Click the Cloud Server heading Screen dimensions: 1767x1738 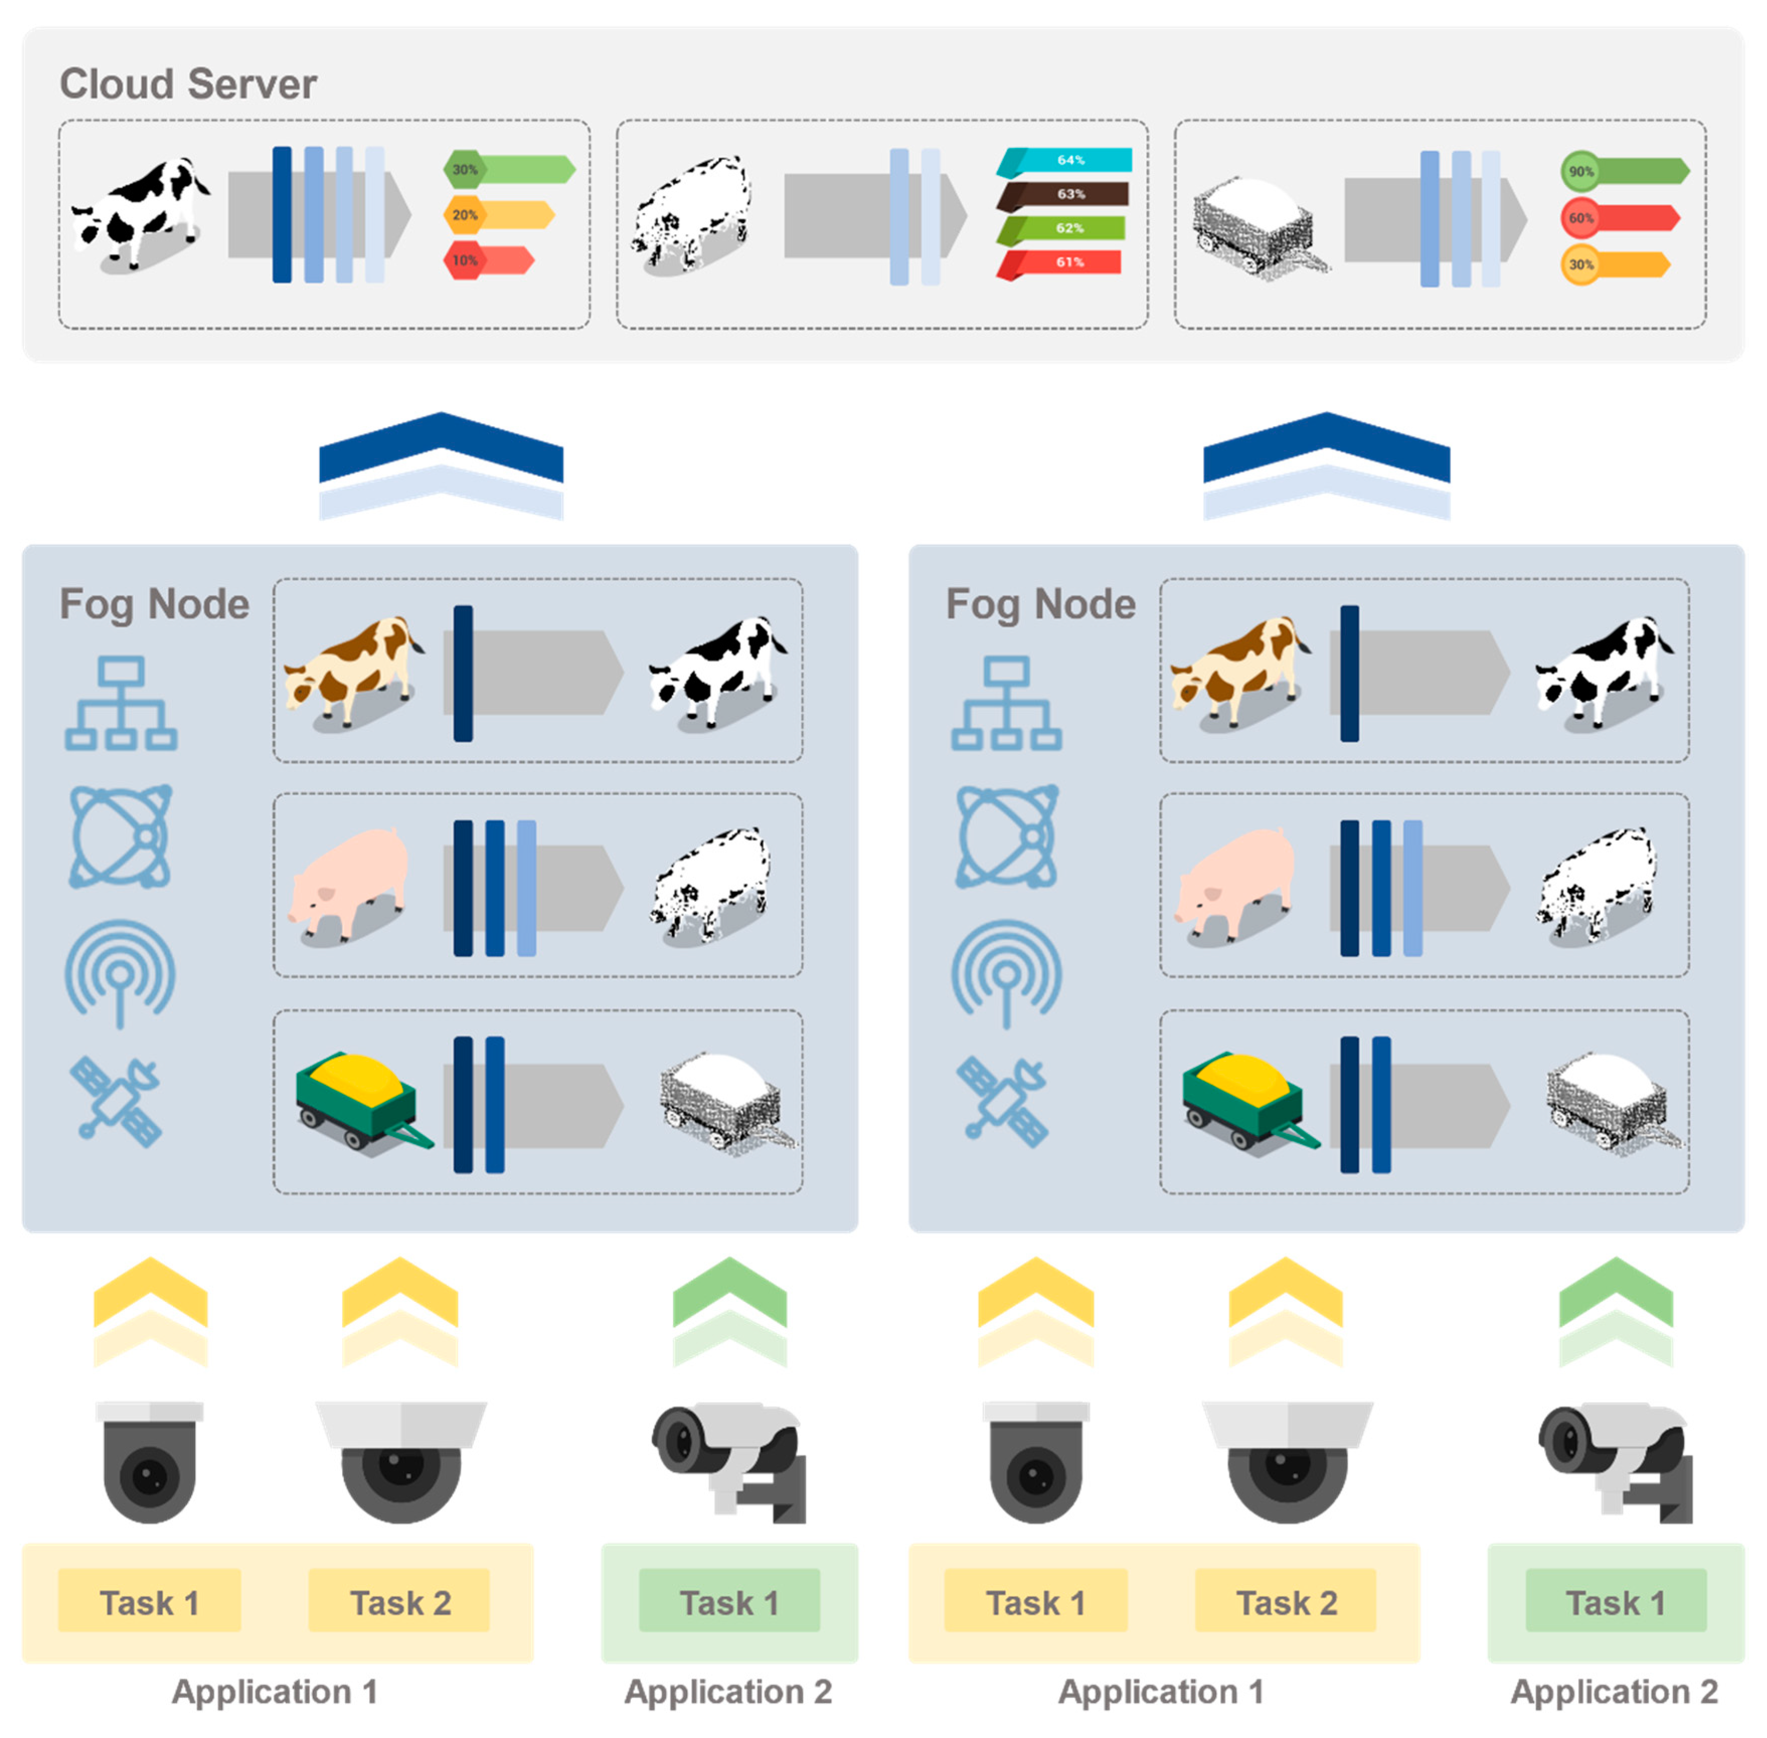188,84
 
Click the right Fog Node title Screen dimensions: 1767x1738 1041,604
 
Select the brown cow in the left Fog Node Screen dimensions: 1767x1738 352,671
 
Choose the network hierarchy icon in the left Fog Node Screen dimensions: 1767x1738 121,703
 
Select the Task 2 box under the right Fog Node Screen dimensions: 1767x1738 1285,1602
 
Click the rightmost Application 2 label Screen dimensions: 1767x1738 1614,1691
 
